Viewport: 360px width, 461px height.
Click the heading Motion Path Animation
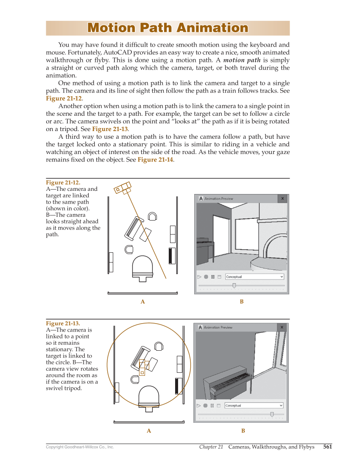tap(167, 28)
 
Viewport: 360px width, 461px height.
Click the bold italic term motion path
tap(242, 60)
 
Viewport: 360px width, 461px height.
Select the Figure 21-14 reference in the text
tap(155, 160)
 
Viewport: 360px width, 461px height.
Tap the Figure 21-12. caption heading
tap(63, 183)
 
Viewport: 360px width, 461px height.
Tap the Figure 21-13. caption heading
tap(63, 323)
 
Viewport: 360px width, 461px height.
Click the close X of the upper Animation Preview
tap(282, 198)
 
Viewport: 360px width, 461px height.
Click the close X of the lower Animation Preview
tap(282, 327)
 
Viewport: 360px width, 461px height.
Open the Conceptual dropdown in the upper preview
tap(254, 277)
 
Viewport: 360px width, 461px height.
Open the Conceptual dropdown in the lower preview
tap(254, 405)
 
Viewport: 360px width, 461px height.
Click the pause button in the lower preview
tap(212, 405)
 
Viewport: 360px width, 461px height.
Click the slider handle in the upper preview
tap(234, 285)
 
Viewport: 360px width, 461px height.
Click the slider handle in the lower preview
tap(272, 414)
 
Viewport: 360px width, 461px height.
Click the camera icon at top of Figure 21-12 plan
tap(123, 188)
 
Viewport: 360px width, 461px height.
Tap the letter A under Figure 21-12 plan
tap(143, 302)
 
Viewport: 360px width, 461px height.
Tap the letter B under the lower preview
tap(243, 431)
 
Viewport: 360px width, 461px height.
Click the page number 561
tap(327, 447)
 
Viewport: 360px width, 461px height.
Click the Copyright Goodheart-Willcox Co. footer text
tap(80, 447)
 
